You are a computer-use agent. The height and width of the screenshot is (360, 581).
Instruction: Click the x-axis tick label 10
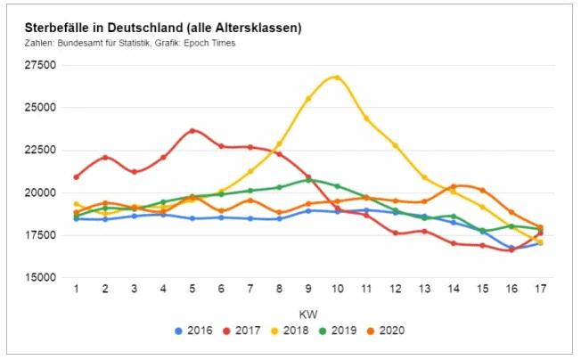337,288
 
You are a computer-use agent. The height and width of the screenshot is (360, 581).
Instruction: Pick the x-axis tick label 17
540,288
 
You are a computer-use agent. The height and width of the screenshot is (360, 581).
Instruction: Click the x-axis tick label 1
76,288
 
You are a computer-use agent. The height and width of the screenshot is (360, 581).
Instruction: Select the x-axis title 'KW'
307,314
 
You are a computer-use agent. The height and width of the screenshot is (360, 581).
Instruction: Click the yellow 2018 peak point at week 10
337,78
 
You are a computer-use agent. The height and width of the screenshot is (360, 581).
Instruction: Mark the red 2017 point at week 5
192,131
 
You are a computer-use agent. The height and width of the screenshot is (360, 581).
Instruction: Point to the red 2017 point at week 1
76,176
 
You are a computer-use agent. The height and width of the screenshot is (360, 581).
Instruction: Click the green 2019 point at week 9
308,180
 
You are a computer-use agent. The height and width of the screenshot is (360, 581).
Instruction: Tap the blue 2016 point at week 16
511,249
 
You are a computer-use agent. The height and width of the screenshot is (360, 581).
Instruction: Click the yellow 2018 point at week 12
395,145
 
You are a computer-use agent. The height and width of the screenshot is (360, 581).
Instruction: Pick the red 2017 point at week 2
105,158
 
